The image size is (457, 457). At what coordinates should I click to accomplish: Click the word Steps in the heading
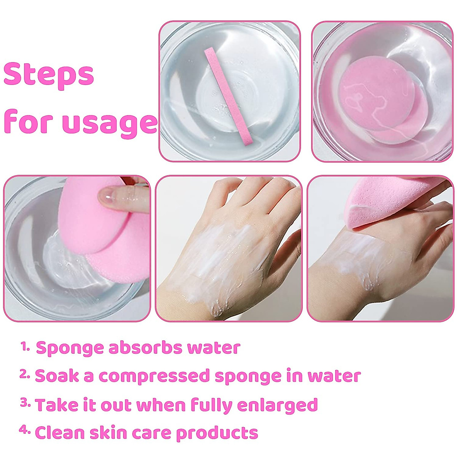(x=49, y=75)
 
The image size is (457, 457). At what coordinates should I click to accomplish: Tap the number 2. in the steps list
(x=25, y=375)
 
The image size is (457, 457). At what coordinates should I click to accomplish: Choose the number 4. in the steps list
(x=25, y=431)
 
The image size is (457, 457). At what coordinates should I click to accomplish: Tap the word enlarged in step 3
(x=277, y=405)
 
